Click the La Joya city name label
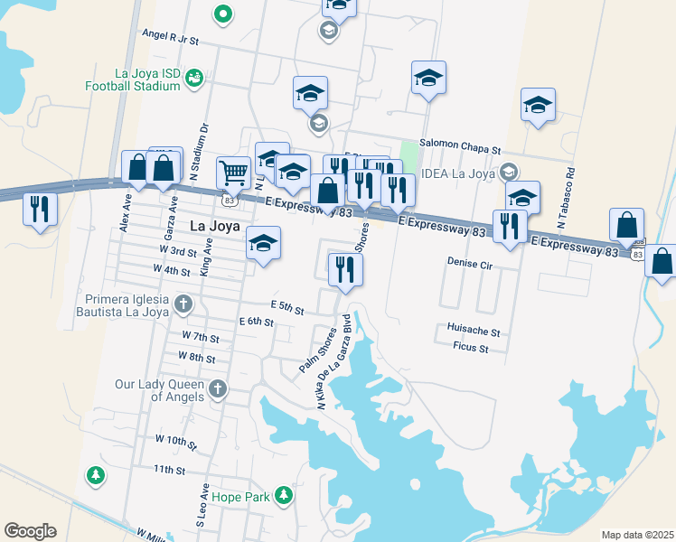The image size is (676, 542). point(214,227)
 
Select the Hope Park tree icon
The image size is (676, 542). point(284,494)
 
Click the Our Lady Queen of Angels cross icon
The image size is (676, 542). point(217,389)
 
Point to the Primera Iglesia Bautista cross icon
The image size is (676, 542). point(183,304)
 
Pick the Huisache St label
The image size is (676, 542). point(473,332)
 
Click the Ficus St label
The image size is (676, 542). point(470,348)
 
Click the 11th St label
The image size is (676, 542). point(169,470)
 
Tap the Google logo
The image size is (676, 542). point(30,531)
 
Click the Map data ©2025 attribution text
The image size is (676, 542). point(637,535)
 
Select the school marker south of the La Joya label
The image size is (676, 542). point(263,244)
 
